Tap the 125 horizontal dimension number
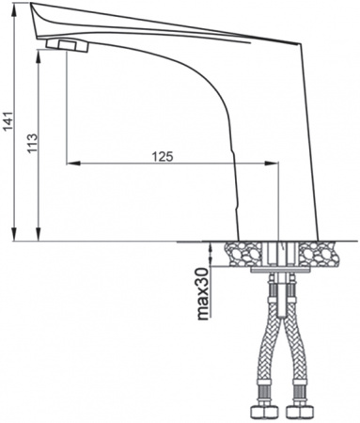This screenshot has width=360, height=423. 162,155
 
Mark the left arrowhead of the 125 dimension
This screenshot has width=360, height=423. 71,164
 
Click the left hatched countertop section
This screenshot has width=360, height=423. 244,252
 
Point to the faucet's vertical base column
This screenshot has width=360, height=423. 276,188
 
